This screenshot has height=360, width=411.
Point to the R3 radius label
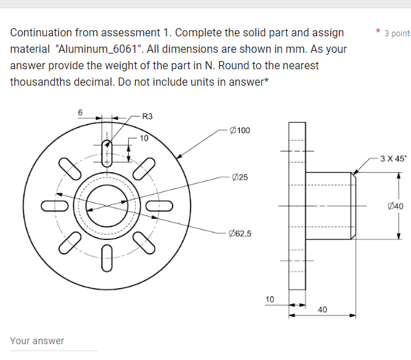(147, 116)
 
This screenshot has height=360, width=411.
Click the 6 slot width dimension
(79, 112)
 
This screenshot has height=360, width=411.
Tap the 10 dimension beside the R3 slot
(143, 138)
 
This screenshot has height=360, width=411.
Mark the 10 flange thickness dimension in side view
(270, 299)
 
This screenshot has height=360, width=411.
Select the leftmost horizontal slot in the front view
(53, 205)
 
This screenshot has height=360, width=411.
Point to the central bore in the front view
(107, 205)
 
